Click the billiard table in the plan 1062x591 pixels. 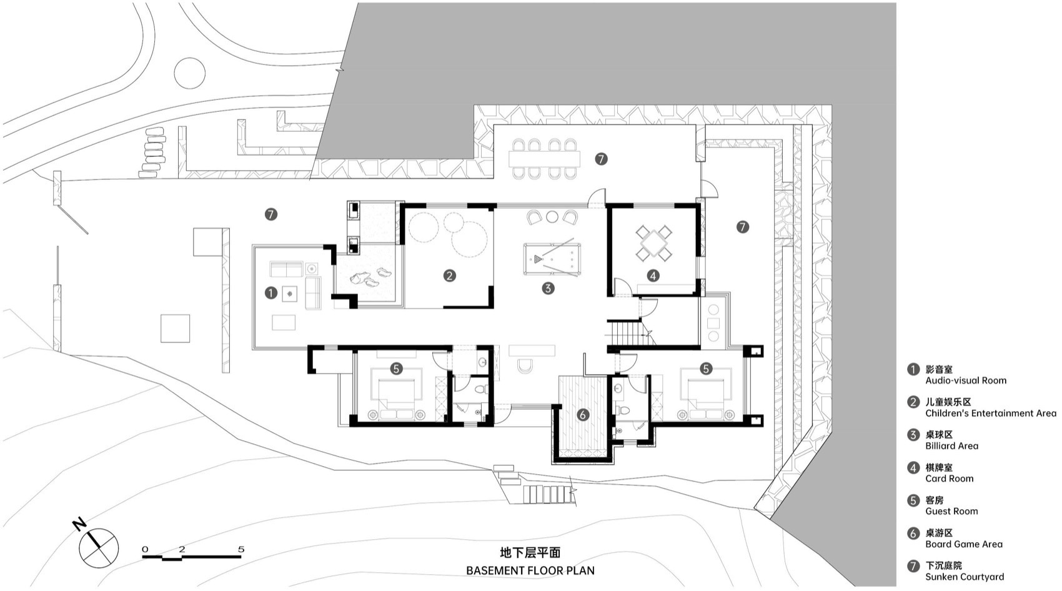coord(552,258)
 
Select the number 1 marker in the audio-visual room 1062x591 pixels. coord(270,292)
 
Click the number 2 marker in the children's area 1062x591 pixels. coord(449,276)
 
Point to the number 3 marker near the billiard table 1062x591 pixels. coord(548,289)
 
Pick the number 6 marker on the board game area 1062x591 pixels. coord(583,414)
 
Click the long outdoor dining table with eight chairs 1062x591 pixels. coord(544,159)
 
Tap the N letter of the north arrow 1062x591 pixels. coord(79,524)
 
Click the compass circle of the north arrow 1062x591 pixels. coord(99,547)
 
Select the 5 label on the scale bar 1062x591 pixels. coord(241,550)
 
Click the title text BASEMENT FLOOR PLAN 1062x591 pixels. coord(530,570)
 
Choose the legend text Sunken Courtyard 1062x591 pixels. coord(965,577)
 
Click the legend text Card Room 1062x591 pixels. coord(950,479)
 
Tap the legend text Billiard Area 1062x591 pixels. coord(952,446)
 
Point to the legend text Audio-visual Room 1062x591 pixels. coord(966,380)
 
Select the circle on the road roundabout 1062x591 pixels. coord(189,74)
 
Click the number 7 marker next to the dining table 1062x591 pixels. coord(601,159)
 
